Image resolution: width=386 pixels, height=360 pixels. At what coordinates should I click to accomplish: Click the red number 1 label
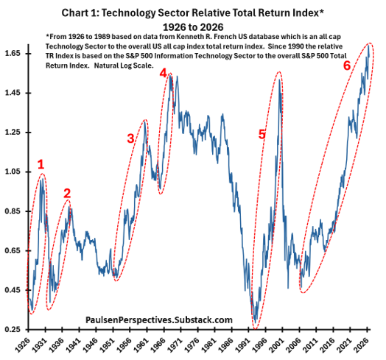[41, 164]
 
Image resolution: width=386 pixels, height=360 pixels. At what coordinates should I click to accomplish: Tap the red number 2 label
[67, 194]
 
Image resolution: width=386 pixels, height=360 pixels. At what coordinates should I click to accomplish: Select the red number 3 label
[130, 138]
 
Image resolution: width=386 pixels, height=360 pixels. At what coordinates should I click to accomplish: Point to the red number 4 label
[164, 73]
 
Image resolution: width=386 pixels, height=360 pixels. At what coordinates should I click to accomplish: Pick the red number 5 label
[262, 134]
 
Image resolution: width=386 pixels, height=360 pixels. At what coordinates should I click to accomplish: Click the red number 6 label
[347, 66]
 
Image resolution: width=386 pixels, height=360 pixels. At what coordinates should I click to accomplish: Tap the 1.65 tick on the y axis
[13, 54]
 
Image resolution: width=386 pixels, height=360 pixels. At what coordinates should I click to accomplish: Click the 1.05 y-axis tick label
[13, 172]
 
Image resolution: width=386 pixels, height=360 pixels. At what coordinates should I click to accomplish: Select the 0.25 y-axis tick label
[13, 329]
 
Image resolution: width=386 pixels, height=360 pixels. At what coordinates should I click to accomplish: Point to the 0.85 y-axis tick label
[13, 211]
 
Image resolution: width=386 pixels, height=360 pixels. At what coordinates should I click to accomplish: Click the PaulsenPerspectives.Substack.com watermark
[159, 320]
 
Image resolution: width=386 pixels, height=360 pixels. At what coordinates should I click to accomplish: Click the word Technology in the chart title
[128, 13]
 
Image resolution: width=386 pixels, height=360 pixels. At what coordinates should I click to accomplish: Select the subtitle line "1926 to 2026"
[193, 27]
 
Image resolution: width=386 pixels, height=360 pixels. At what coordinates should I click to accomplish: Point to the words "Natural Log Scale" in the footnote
[123, 66]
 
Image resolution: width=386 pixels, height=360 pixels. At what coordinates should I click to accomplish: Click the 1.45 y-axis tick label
[13, 93]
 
